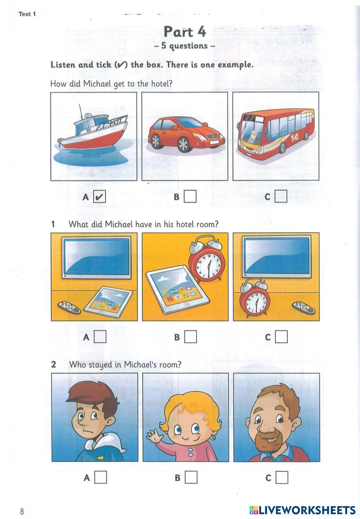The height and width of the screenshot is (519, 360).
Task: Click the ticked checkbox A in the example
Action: pyautogui.click(x=99, y=197)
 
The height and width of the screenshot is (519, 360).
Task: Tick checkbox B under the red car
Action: pyautogui.click(x=190, y=197)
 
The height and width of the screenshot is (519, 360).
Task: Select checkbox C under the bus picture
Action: pyautogui.click(x=281, y=196)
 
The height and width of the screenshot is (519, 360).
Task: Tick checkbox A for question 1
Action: pyautogui.click(x=100, y=336)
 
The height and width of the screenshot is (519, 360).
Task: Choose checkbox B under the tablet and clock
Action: pyautogui.click(x=191, y=336)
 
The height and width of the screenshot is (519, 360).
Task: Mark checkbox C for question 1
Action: pyautogui.click(x=282, y=336)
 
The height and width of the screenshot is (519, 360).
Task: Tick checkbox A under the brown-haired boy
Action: pyautogui.click(x=100, y=477)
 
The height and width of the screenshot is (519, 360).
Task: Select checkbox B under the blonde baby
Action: pyautogui.click(x=191, y=477)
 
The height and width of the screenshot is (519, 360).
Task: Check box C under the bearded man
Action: pyautogui.click(x=282, y=477)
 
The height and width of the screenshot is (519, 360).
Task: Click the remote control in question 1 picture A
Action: pyautogui.click(x=69, y=308)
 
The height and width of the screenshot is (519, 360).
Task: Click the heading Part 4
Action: pyautogui.click(x=185, y=32)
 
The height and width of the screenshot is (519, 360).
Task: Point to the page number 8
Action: pyautogui.click(x=22, y=511)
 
